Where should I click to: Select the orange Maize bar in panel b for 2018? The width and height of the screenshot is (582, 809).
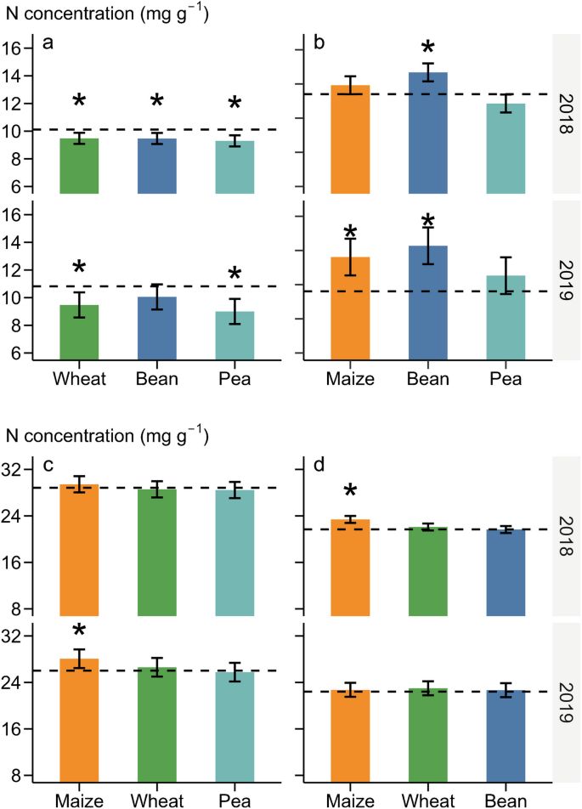coord(350,140)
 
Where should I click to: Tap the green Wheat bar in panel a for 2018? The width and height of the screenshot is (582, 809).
coord(79,166)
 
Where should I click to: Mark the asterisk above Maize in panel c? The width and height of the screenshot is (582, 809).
coord(79,631)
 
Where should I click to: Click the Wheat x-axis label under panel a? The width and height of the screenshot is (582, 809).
coord(79,378)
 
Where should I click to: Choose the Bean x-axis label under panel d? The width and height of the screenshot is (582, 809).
coord(506,800)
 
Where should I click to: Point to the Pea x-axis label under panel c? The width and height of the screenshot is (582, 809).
coord(234,800)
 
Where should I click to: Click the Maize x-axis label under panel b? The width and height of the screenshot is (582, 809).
coord(350,378)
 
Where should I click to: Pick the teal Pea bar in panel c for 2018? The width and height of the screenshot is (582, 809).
coord(234,552)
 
